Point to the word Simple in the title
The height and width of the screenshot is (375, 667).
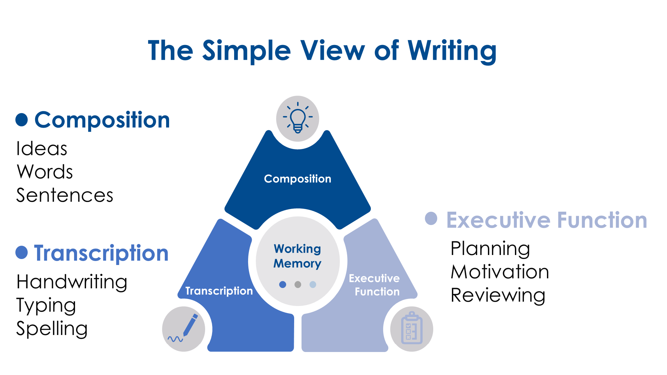tap(246, 51)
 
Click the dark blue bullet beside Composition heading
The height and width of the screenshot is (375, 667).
tap(22, 120)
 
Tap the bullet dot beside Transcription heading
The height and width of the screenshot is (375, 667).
tap(22, 252)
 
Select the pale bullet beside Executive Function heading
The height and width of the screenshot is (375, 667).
tap(431, 218)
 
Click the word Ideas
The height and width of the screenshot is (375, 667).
tap(42, 149)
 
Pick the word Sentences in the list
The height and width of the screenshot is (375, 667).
tap(65, 195)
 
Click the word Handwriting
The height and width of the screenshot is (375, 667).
tap(72, 282)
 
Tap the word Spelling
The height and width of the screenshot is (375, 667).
tap(52, 329)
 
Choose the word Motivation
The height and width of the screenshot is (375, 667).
tap(500, 272)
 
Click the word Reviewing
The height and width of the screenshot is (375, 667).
tap(498, 295)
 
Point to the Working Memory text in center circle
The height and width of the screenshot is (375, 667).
tap(297, 256)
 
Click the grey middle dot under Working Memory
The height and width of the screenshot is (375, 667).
tap(298, 284)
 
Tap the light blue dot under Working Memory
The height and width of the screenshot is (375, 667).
tap(313, 284)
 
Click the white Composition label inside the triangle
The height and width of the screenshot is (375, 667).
tap(297, 179)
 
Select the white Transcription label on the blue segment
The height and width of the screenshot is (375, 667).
tap(219, 291)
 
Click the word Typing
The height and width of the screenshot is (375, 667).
tap(46, 305)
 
